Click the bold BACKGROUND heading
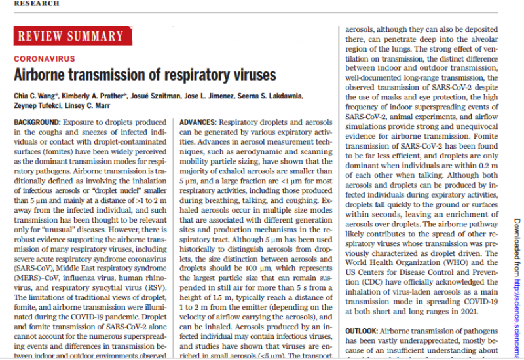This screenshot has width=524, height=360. click(37, 122)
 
